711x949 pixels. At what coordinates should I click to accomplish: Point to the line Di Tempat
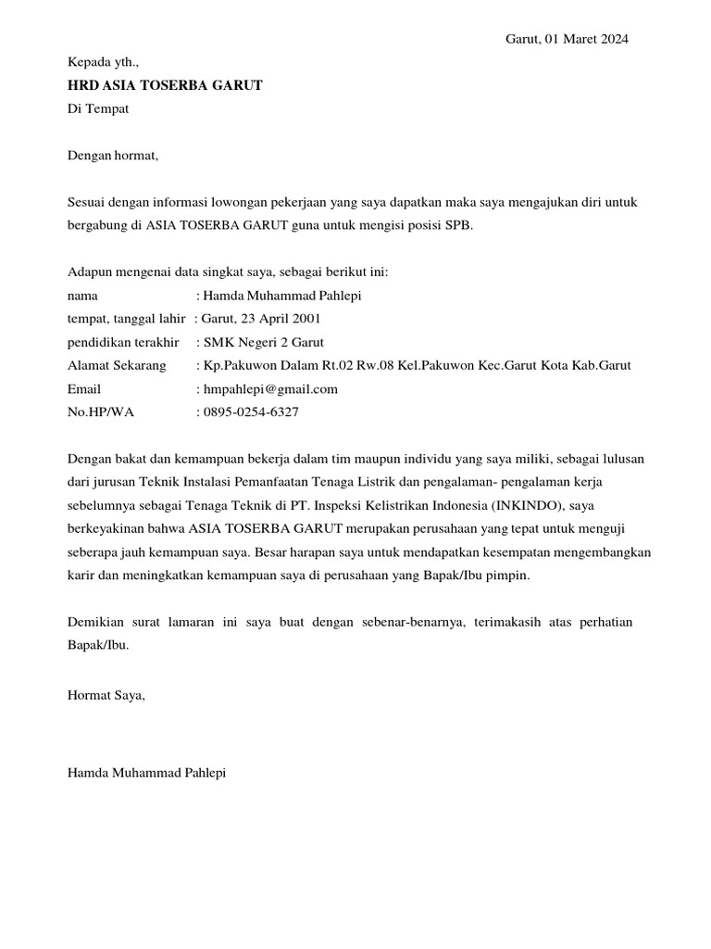point(98,108)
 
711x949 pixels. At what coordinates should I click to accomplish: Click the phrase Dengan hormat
point(114,155)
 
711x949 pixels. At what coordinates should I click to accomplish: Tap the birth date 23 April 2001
point(281,319)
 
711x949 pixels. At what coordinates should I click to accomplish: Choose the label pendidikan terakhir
point(126,342)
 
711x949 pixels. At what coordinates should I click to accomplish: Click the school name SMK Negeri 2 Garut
point(264,342)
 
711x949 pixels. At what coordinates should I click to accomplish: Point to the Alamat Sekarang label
point(118,365)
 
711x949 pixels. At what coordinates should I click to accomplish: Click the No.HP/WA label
point(101,412)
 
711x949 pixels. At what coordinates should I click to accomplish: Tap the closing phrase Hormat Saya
point(106,694)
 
